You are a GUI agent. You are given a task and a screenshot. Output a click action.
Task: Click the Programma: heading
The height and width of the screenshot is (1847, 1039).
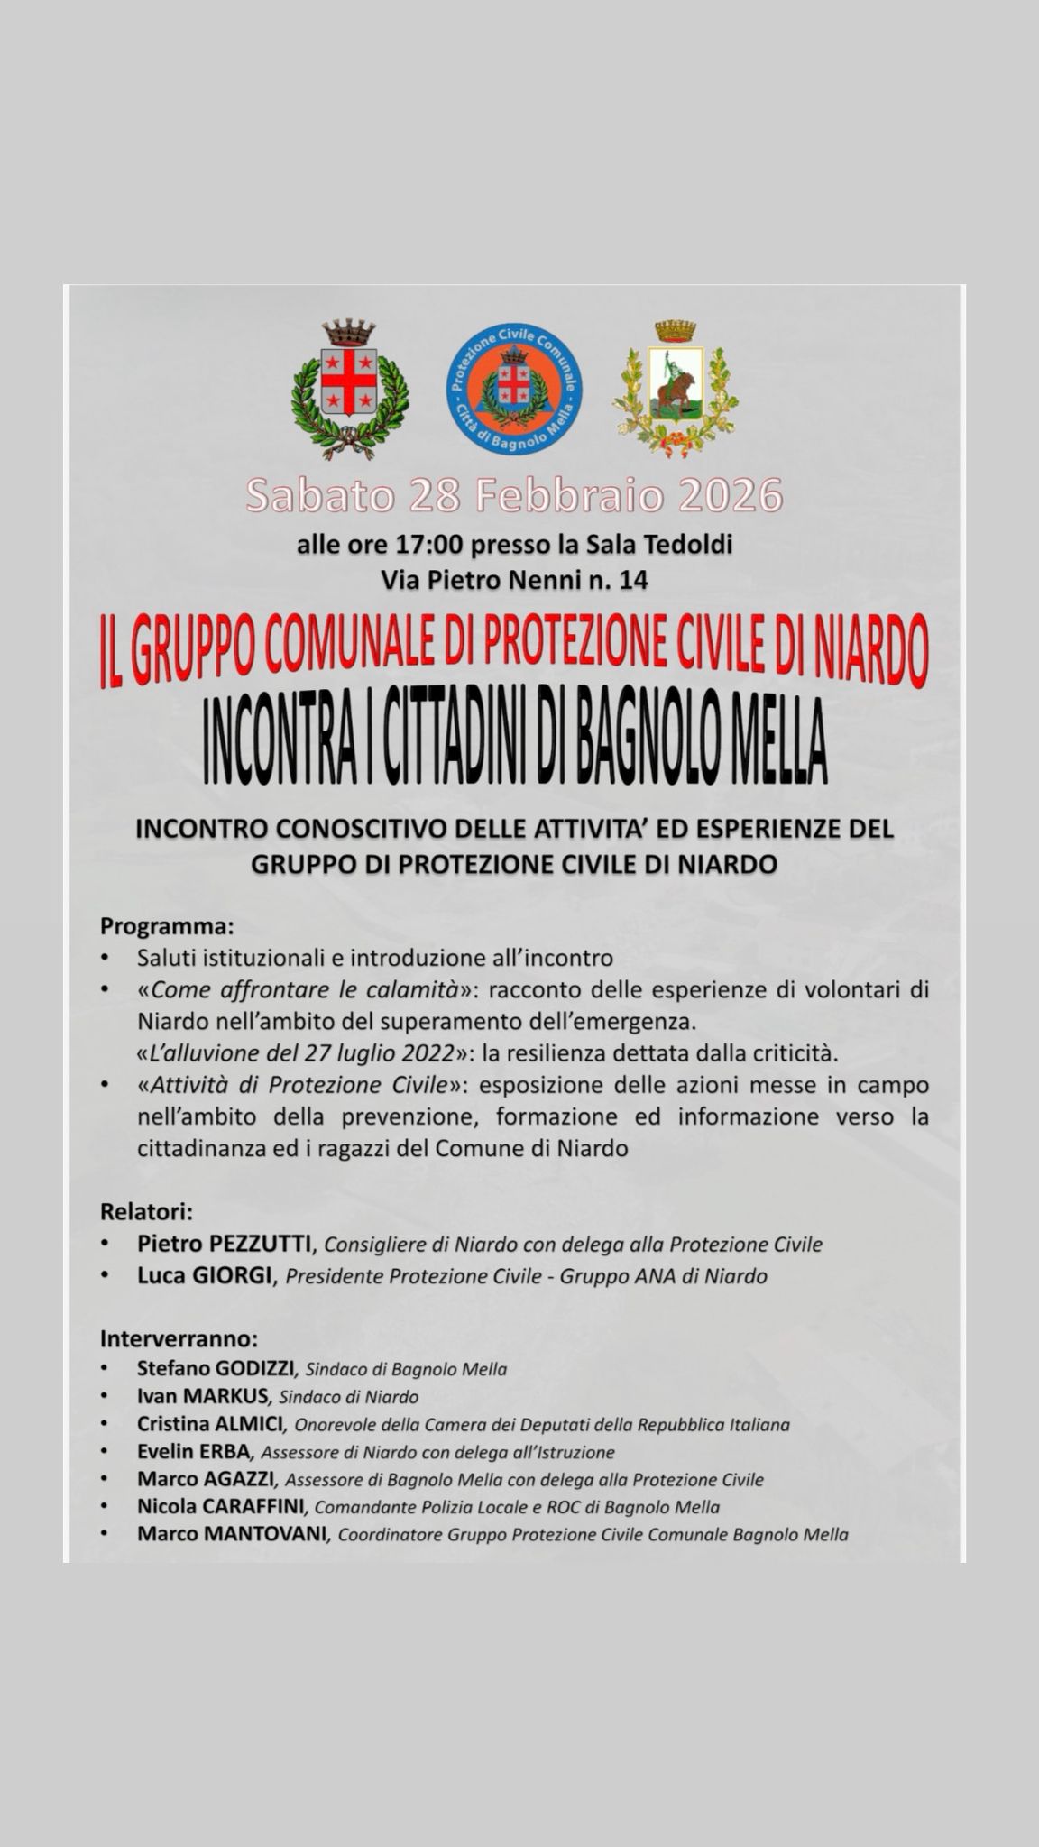click(167, 926)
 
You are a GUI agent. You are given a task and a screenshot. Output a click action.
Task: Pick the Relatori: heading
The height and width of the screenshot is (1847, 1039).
click(147, 1210)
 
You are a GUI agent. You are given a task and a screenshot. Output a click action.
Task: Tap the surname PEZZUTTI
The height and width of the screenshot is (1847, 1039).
click(261, 1244)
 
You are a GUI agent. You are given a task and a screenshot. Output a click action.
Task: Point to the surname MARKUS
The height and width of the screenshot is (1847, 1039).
click(225, 1396)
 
